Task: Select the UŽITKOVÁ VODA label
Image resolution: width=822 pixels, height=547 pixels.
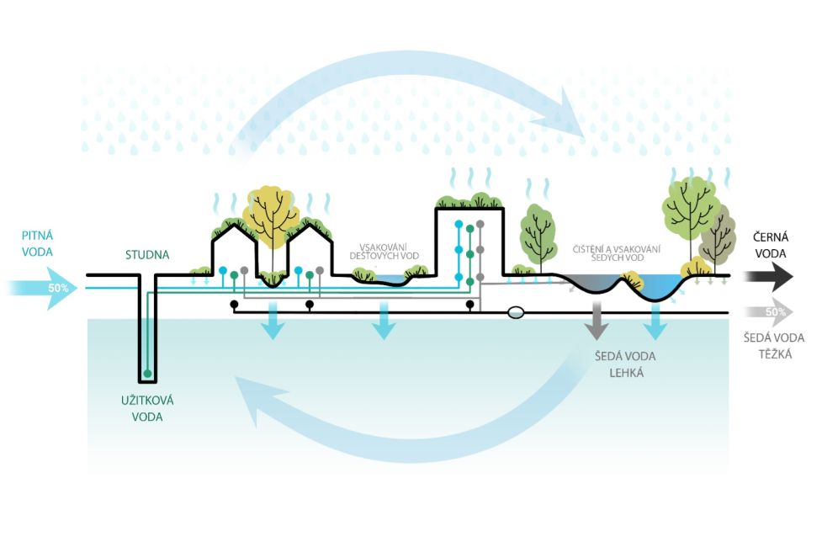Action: tap(146, 409)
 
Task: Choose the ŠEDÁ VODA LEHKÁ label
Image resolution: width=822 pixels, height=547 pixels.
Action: tap(624, 364)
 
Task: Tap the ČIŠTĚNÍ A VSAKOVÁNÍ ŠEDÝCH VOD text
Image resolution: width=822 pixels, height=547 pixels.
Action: tap(616, 252)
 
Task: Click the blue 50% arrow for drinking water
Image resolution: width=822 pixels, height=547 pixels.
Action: tap(46, 288)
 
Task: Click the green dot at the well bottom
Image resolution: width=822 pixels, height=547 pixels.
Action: tap(148, 373)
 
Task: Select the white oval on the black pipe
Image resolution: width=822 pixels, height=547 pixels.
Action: tap(516, 312)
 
